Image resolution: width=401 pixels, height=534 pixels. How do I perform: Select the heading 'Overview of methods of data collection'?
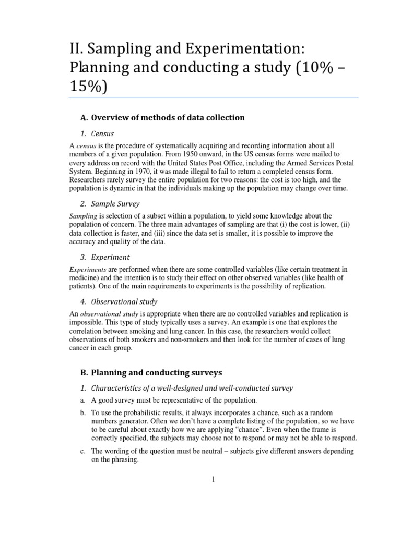(x=168, y=117)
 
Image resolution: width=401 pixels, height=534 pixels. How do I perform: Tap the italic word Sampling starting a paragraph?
(x=80, y=216)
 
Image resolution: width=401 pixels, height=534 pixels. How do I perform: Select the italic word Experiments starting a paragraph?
(x=85, y=270)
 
